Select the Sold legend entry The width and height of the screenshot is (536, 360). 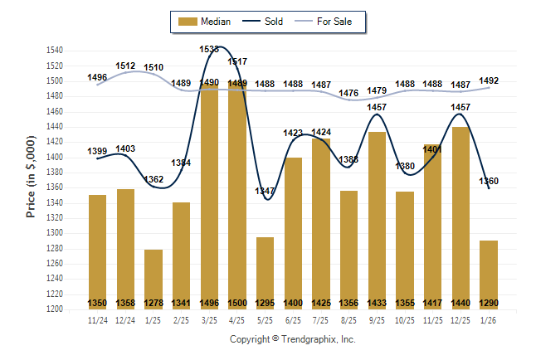pos(264,22)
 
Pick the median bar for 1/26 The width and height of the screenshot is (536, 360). pos(489,275)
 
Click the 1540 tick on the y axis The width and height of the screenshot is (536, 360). pos(55,51)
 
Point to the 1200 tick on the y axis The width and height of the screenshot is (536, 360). pos(55,309)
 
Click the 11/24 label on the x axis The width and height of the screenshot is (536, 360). pos(97,319)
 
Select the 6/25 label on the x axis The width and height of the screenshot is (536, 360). pos(293,319)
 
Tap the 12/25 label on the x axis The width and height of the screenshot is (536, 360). pos(460,319)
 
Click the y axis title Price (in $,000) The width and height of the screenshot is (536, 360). pos(31,179)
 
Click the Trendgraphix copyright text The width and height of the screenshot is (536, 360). pos(292,339)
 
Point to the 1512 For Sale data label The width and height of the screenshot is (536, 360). pos(126,65)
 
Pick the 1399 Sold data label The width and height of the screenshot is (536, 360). pos(97,152)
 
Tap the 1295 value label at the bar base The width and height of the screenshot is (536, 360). pos(266,303)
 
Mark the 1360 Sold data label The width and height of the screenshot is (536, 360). pos(490,181)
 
